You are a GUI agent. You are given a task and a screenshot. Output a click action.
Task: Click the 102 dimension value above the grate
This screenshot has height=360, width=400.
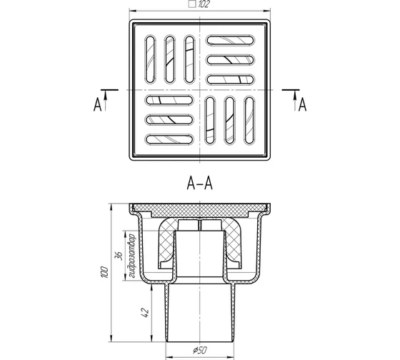tap(204, 4)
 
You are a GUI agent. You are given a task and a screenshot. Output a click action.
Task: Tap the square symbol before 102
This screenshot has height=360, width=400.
tap(192, 4)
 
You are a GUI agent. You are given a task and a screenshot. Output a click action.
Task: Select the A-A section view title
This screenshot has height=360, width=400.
tap(200, 183)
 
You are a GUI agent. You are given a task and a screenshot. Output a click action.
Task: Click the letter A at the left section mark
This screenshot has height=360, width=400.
tap(97, 105)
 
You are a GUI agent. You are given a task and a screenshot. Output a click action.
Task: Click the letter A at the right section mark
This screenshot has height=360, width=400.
tap(302, 105)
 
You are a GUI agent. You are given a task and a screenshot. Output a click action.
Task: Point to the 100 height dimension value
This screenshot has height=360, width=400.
tap(104, 272)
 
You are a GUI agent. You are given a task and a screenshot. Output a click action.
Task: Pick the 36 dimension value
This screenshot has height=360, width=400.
tap(119, 256)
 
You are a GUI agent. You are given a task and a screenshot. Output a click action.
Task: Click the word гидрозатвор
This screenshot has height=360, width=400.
tap(132, 256)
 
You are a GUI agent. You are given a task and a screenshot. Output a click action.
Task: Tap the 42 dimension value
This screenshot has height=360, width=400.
tap(144, 313)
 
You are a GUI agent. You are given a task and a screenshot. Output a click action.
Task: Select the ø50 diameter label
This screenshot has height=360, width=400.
tap(199, 350)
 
